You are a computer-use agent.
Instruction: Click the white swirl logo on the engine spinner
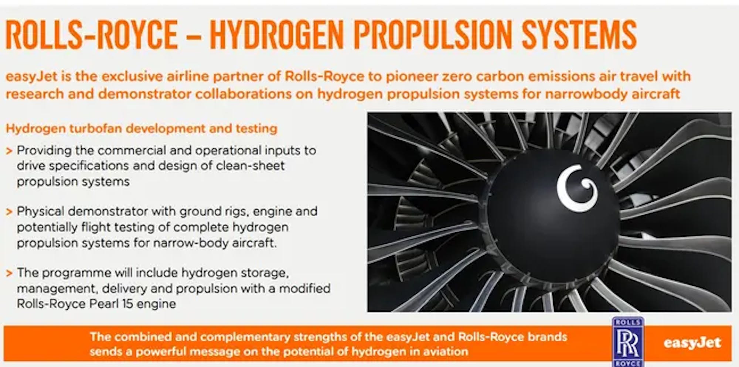coord(577,188)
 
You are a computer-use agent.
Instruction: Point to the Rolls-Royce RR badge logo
coord(628,342)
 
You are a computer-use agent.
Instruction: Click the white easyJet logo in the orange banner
coord(692,343)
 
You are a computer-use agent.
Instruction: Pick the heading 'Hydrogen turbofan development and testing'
coord(142,128)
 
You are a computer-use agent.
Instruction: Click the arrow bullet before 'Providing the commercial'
coord(9,151)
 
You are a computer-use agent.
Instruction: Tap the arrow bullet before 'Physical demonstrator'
coord(9,212)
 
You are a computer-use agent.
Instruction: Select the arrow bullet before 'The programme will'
coord(9,273)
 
